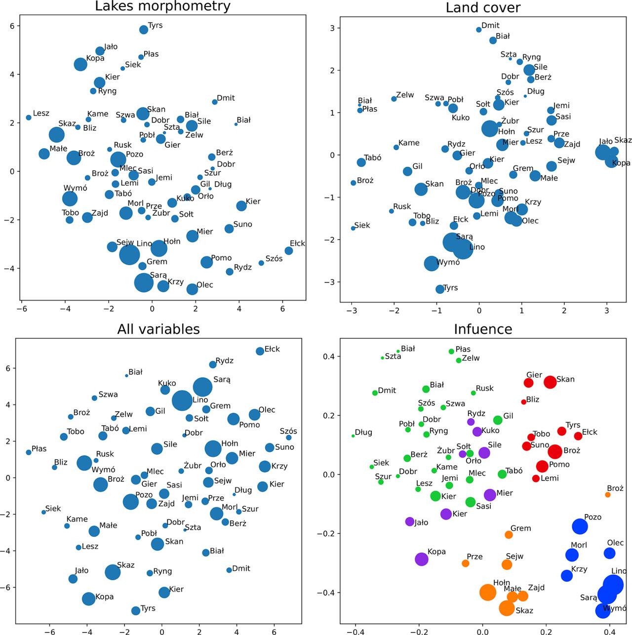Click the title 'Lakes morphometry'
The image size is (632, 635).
point(162,6)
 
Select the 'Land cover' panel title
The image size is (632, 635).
point(482,7)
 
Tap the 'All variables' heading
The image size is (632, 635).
point(158,329)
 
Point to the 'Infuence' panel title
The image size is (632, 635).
point(482,329)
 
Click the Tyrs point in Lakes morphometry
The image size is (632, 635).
point(144,30)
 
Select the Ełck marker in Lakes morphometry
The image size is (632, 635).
point(289,251)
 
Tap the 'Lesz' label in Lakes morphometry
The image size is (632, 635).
point(41,113)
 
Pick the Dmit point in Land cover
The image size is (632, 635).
point(478,30)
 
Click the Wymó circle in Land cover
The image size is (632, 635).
point(432,263)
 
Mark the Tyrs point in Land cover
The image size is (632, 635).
point(440,289)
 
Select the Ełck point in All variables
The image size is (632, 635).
point(260,351)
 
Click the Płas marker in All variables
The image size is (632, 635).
point(29,452)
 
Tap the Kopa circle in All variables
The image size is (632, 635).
point(88,599)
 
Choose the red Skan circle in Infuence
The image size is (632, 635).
point(550,382)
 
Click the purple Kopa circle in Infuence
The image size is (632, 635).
point(421,559)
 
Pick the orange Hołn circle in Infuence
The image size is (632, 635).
point(487,592)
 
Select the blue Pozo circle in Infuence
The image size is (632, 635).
point(580,526)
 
